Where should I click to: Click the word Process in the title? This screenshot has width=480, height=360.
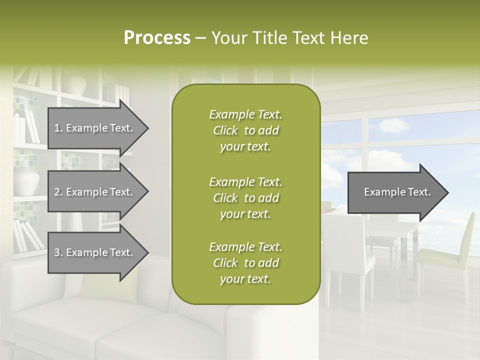157,37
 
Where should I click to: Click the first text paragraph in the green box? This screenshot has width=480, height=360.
245,130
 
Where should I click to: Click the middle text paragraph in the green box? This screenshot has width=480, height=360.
245,198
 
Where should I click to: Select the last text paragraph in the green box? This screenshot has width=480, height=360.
245,263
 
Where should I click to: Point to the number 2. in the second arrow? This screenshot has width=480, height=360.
58,192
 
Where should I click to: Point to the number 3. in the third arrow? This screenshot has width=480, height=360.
58,253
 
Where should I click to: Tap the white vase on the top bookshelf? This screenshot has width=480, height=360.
75,82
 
